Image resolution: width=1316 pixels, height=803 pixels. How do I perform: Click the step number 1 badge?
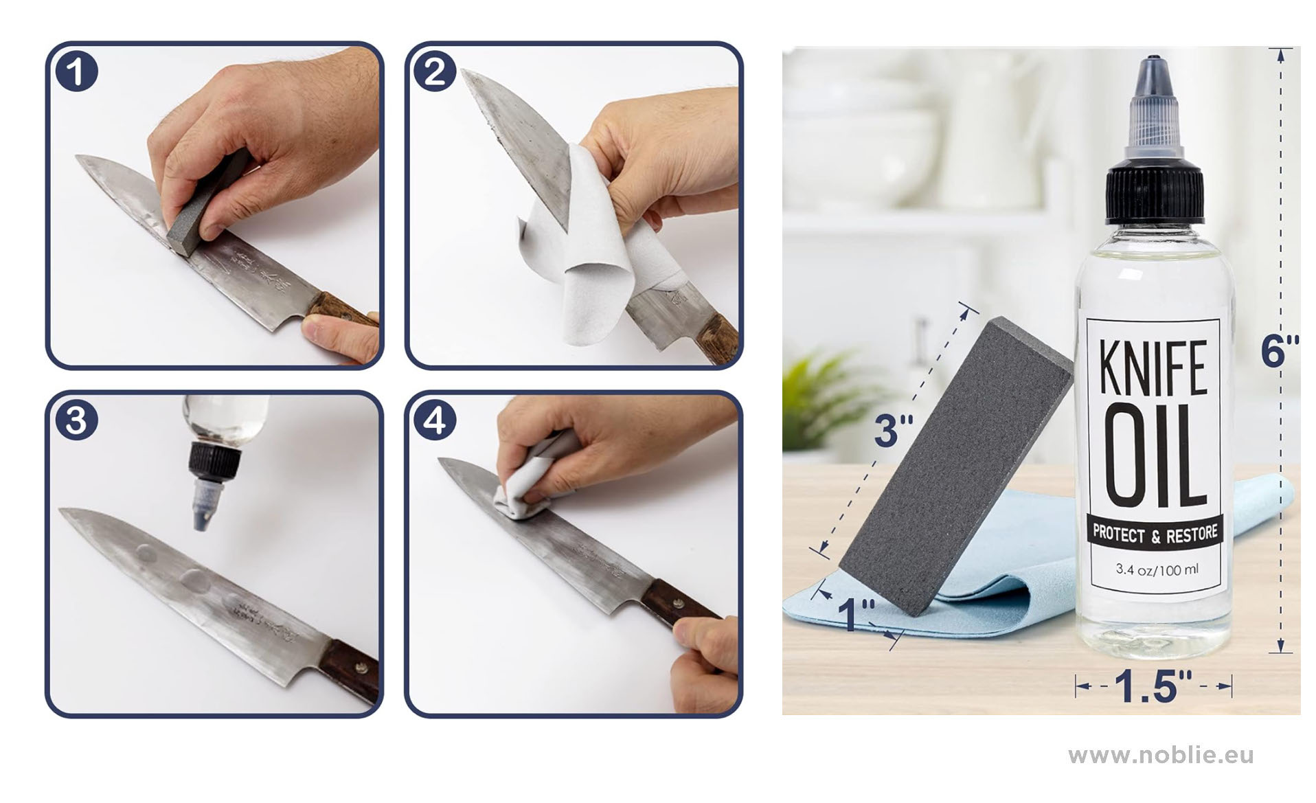76,71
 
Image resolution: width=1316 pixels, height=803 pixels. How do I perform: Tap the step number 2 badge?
435,71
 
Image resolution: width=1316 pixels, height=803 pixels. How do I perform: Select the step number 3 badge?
76,420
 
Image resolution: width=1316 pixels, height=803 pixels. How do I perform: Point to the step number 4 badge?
435,420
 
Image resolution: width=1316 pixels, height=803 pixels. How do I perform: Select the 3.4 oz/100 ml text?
1157,569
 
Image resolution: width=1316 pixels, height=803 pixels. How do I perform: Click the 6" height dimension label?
1280,351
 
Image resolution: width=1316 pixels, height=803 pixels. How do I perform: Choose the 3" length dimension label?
894,430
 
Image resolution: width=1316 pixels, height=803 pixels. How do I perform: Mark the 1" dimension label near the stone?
856,613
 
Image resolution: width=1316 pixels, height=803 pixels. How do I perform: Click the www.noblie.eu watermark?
1161,756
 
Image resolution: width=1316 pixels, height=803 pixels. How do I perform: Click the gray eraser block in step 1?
206,206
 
